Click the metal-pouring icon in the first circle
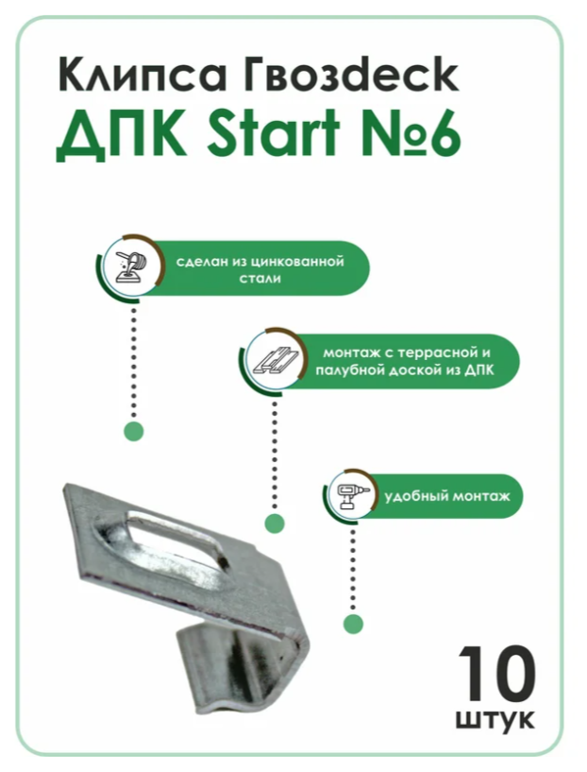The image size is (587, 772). pos(130,267)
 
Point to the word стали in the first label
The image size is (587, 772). pos(260,279)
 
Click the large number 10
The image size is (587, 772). pos(497,674)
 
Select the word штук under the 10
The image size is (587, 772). pos(495,721)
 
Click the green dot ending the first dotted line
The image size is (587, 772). pos(134,432)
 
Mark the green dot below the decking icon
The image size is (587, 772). pos(275,523)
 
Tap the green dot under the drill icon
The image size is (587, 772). pos(353,624)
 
